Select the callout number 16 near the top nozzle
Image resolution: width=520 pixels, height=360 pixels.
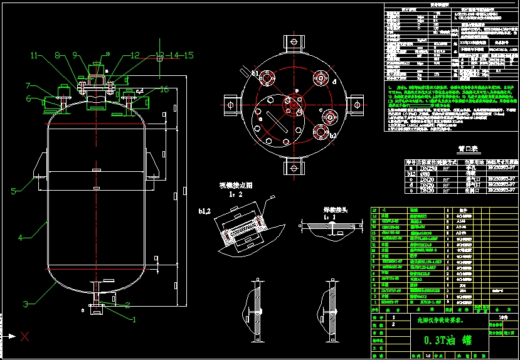click(164, 90)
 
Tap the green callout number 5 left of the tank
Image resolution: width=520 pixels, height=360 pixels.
click(13, 190)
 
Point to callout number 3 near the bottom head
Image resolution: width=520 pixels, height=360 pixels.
click(21, 238)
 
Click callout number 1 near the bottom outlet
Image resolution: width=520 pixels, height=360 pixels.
click(133, 319)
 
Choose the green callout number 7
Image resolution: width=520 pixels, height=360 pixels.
click(28, 85)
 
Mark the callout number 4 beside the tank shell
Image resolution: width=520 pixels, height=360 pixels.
click(21, 238)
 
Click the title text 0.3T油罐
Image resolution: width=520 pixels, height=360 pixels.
click(447, 341)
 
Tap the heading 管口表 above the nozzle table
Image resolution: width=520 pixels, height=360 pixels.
click(468, 149)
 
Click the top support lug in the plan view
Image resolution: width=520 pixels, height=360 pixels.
click(293, 43)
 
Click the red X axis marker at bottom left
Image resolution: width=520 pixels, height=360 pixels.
click(25, 337)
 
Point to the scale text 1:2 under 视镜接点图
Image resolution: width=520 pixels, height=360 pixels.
click(235, 194)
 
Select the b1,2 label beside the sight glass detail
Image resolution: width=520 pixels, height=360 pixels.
click(205, 210)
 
